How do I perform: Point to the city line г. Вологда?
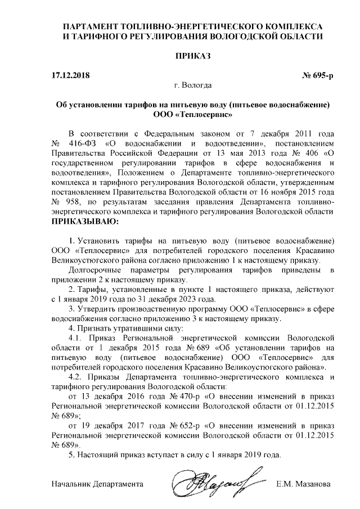point(193,86)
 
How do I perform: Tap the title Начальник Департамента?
point(97,484)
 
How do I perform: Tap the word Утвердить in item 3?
point(96,308)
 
